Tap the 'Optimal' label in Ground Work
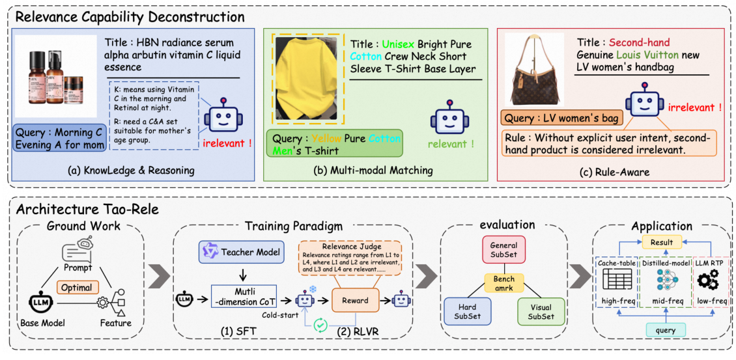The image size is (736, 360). pyautogui.click(x=77, y=286)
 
